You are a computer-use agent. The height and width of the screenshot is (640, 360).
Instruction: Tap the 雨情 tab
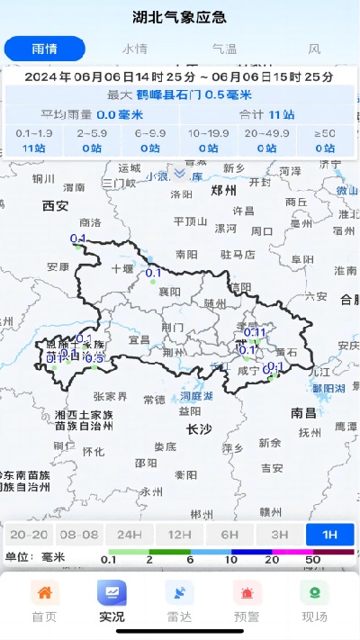pyautogui.click(x=44, y=49)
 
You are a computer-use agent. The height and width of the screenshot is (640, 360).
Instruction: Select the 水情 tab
pyautogui.click(x=135, y=49)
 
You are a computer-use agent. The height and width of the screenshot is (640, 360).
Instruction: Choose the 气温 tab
pyautogui.click(x=224, y=49)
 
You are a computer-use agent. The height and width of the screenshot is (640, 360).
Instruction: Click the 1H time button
pyautogui.click(x=329, y=534)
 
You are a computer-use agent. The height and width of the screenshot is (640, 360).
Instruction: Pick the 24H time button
pyautogui.click(x=129, y=534)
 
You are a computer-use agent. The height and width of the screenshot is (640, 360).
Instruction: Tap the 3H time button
pyautogui.click(x=279, y=534)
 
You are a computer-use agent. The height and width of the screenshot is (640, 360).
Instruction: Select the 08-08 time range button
pyautogui.click(x=79, y=534)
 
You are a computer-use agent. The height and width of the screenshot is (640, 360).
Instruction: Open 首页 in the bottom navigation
pyautogui.click(x=44, y=601)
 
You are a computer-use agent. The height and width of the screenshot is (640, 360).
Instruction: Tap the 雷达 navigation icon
pyautogui.click(x=179, y=601)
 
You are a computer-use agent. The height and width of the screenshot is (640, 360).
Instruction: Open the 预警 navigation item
pyautogui.click(x=247, y=601)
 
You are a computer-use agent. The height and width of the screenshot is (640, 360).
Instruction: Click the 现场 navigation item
pyautogui.click(x=314, y=601)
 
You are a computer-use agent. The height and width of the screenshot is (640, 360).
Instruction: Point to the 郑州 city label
pyautogui.click(x=222, y=192)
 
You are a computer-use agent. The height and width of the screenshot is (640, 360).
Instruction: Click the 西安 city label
pyautogui.click(x=55, y=206)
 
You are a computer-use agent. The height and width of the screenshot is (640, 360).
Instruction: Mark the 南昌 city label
pyautogui.click(x=303, y=412)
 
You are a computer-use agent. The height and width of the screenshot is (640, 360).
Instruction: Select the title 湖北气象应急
pyautogui.click(x=179, y=17)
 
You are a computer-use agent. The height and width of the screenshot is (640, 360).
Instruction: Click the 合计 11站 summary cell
pyautogui.click(x=269, y=114)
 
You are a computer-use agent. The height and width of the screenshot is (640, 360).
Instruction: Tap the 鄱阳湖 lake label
pyautogui.click(x=328, y=388)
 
